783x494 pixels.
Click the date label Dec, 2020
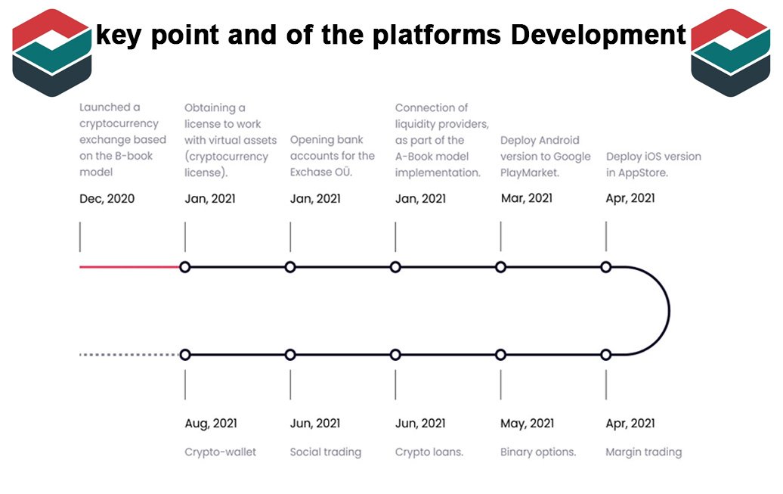[107, 198]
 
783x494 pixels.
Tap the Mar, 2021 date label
[527, 198]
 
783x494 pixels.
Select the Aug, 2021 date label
[211, 424]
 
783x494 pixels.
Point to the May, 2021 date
[528, 424]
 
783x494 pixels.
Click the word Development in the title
[599, 35]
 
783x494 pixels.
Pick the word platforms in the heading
[437, 35]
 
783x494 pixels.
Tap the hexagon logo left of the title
[52, 52]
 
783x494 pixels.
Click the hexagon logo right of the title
[731, 52]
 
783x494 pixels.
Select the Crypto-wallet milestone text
[220, 452]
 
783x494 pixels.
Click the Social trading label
[326, 452]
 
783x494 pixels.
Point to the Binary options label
[538, 452]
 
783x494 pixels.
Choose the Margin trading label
[644, 452]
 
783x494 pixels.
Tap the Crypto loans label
[429, 452]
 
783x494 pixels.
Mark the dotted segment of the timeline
[129, 355]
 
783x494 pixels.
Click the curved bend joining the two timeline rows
[669, 311]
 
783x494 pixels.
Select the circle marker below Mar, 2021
[501, 267]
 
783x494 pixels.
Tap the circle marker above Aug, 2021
[184, 355]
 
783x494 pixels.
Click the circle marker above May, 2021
[501, 355]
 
